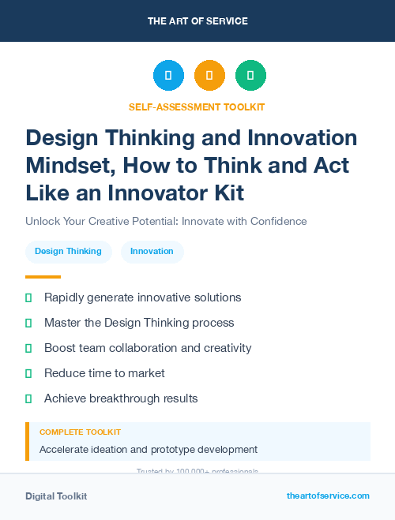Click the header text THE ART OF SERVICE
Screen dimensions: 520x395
tap(197, 21)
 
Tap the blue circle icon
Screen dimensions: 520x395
tap(168, 76)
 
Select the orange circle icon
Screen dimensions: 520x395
tap(209, 76)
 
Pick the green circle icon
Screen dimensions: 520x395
tap(250, 76)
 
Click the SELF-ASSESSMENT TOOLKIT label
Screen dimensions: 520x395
tap(197, 107)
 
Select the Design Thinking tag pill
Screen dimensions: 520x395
tap(68, 251)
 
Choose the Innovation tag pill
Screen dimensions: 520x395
tap(152, 251)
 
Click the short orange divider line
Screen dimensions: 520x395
tap(43, 277)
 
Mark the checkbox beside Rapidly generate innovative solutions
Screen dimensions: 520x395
tap(28, 297)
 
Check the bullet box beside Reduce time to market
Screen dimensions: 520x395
tap(28, 373)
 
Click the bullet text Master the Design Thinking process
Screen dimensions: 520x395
tap(139, 323)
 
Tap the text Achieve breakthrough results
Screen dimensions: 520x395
tap(121, 398)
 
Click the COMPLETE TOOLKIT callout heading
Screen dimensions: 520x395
tap(81, 432)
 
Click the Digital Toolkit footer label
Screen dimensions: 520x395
tap(56, 496)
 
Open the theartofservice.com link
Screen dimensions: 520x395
tap(328, 496)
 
